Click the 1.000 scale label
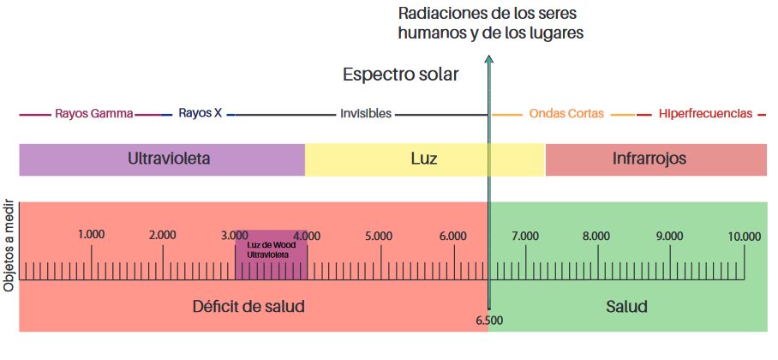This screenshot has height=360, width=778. (91, 235)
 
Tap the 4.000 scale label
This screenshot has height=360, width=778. (307, 236)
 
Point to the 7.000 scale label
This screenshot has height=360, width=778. (524, 236)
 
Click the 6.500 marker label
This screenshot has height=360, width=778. (489, 320)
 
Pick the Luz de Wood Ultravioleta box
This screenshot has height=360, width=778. (271, 255)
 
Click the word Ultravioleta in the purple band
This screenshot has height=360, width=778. (169, 159)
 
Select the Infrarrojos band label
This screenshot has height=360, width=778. (649, 159)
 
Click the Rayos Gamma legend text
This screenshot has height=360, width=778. (93, 113)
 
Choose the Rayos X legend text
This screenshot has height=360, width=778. (200, 113)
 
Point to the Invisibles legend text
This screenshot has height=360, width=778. (366, 113)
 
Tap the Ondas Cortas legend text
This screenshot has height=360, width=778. (566, 113)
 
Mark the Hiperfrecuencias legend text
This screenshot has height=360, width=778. (705, 113)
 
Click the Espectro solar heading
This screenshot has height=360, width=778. (400, 75)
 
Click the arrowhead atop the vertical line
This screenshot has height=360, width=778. (489, 59)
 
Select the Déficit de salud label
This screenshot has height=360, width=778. (248, 306)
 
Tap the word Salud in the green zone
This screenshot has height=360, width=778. (626, 306)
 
